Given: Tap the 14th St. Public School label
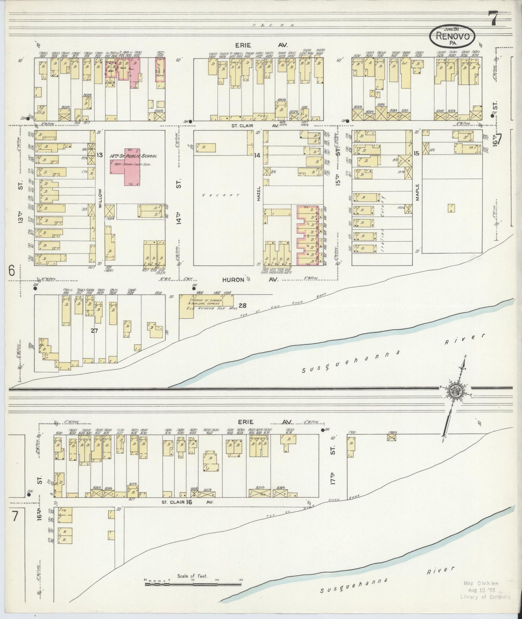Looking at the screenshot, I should click(x=133, y=156).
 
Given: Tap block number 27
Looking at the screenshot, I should click(x=94, y=330).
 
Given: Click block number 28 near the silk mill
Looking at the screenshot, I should click(x=242, y=306).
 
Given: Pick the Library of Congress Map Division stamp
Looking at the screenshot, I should click(x=486, y=590).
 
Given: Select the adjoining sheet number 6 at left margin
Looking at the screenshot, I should click(x=12, y=271).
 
